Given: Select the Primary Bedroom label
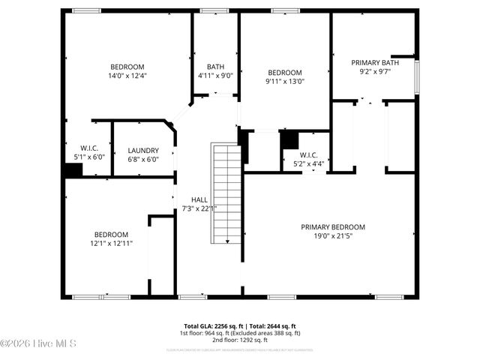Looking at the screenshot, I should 332,227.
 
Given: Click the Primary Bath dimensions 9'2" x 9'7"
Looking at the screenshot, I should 375,73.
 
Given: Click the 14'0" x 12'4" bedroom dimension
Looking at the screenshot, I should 127,75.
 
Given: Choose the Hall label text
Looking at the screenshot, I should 199,199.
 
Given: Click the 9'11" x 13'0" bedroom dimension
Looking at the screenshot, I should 285,82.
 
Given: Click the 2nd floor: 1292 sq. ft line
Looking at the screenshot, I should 240,340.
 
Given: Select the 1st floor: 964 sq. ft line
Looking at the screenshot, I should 240,333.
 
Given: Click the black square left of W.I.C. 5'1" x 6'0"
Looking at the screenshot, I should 73,171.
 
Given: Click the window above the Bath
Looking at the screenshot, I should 214,10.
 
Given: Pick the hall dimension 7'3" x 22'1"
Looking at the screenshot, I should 199,208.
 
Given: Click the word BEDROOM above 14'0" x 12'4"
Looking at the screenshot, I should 127,66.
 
